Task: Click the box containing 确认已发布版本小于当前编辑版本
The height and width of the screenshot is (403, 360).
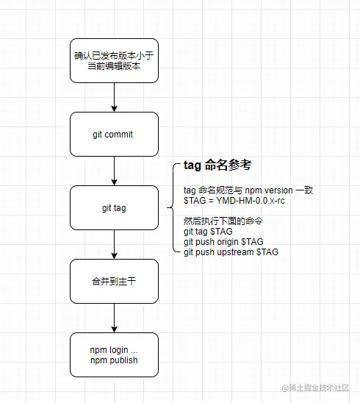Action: [x=114, y=60]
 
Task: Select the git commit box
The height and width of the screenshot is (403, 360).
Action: [x=114, y=135]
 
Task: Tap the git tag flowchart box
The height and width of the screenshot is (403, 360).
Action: [x=114, y=208]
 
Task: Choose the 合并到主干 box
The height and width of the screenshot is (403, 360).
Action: [x=114, y=281]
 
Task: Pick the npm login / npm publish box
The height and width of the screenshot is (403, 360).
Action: [x=114, y=354]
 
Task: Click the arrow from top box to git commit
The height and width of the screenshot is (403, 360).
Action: [x=114, y=97]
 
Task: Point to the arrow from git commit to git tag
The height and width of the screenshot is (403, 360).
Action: [x=114, y=171]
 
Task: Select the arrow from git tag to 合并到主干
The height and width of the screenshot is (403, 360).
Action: [x=114, y=244]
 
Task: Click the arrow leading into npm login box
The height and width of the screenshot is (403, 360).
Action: [x=114, y=318]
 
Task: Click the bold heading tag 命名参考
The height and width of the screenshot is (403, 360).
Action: [x=217, y=165]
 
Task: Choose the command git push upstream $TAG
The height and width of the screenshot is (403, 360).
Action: [x=231, y=252]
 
